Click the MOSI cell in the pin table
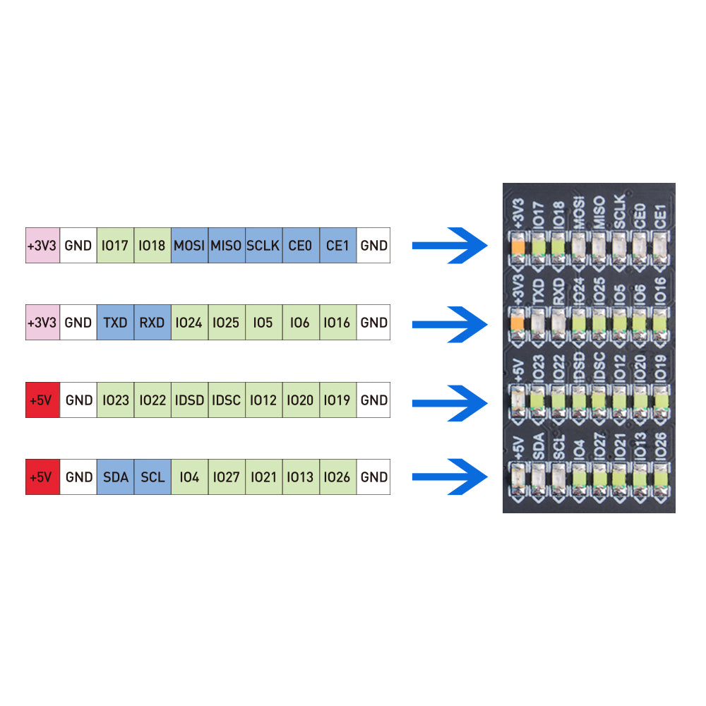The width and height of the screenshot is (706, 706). coord(189,245)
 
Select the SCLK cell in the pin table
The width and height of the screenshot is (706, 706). coord(263,245)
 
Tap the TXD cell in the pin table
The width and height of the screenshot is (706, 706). coord(115,323)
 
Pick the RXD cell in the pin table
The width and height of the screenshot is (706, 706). coord(152,323)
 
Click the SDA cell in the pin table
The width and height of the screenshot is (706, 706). coord(115,477)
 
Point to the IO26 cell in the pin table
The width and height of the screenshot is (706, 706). coord(337,477)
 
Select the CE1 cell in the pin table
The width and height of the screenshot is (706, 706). coord(337,245)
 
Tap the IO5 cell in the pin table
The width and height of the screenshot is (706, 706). coord(263,323)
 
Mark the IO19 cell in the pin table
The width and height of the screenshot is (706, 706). coord(337,400)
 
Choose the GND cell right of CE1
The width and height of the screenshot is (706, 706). coord(373,245)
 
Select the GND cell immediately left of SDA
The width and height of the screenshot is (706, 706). coord(78,477)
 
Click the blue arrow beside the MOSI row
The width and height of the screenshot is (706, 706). coord(450,245)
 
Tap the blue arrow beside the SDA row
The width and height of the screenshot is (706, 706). coord(450,477)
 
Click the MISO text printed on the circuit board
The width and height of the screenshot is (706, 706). coord(599,212)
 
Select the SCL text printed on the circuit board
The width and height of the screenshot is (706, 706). coord(558,447)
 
